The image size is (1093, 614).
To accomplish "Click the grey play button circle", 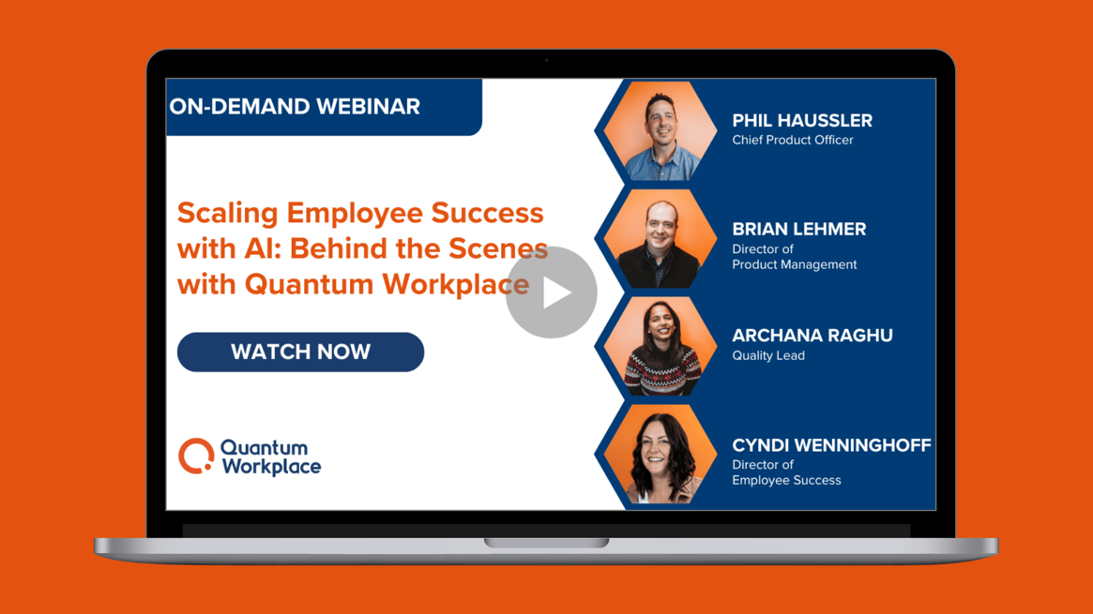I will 552,292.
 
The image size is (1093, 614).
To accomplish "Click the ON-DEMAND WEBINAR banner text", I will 295,107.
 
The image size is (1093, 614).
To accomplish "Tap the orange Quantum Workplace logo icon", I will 196,456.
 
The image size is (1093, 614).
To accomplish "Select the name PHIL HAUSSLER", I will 802,121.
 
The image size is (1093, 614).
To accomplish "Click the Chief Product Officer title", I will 793,141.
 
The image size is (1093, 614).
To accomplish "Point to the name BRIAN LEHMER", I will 799,230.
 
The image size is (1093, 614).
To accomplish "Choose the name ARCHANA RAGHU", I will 812,336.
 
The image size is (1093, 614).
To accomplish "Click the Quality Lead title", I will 768,356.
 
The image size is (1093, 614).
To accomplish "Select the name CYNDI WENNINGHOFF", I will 831,445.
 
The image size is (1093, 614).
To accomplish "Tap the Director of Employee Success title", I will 786,472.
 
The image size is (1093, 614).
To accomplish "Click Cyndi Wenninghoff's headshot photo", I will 660,456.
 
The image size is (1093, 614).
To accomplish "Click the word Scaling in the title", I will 228,214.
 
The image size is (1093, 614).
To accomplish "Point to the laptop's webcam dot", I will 547,61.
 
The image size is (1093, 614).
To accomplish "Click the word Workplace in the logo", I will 271,466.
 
